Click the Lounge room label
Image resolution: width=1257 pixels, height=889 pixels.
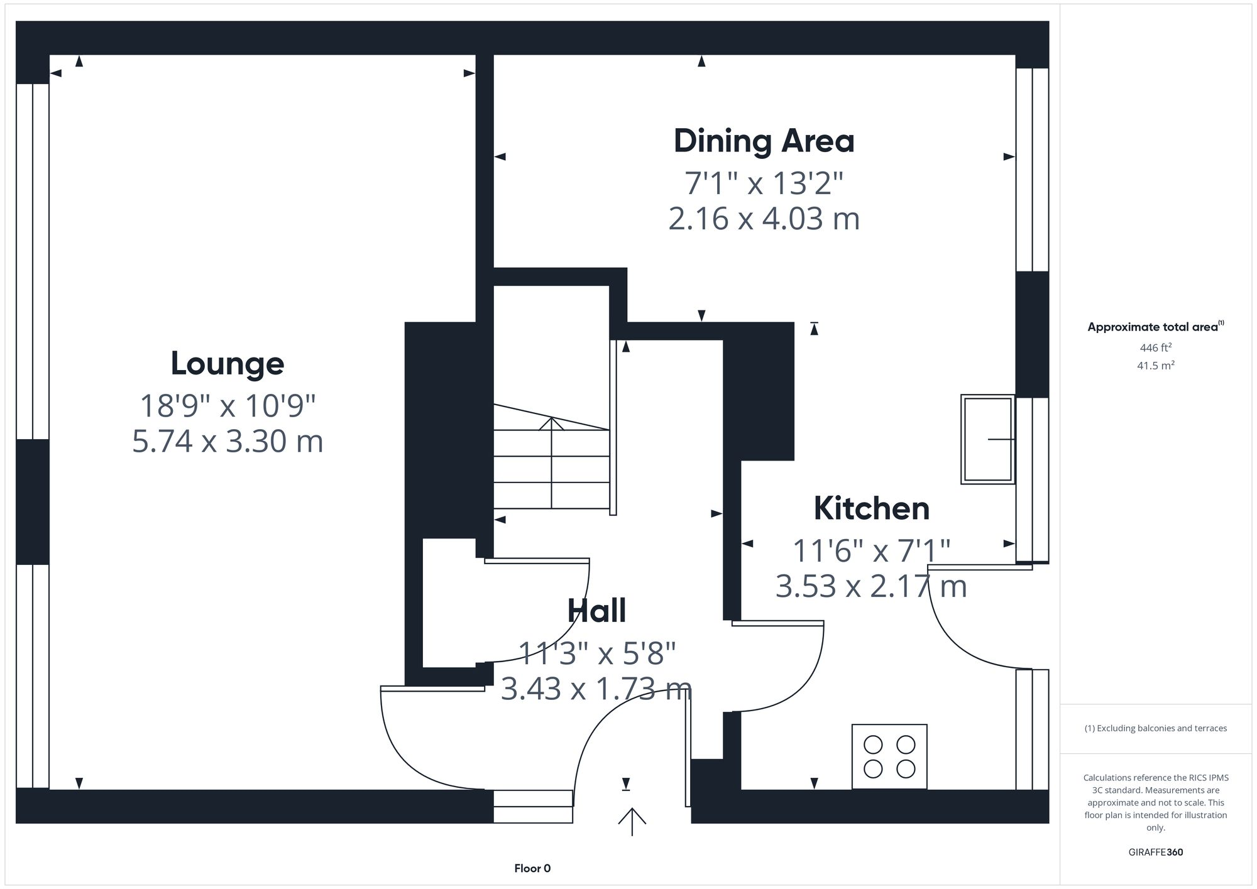(x=228, y=364)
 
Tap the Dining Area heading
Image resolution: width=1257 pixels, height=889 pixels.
(x=764, y=141)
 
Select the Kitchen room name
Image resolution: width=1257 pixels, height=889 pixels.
(x=871, y=508)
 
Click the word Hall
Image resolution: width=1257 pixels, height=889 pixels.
(x=596, y=611)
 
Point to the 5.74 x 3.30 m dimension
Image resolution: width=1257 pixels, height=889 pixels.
(x=228, y=441)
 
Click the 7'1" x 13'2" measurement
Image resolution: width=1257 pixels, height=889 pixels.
(x=764, y=183)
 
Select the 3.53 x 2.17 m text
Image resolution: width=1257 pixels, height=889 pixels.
(x=871, y=586)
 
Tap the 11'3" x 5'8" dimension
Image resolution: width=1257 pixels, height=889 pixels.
(x=596, y=653)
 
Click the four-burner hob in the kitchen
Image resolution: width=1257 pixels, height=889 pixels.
(x=889, y=756)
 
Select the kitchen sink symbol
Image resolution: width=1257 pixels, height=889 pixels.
(x=987, y=439)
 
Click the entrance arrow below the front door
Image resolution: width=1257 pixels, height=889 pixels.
(x=632, y=821)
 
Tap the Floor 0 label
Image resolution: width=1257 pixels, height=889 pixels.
(x=532, y=868)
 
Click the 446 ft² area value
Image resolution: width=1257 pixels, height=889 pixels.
(x=1155, y=347)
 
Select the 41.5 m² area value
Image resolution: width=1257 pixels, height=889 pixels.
(x=1155, y=365)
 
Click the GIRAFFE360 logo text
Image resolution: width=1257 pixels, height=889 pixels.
(x=1155, y=853)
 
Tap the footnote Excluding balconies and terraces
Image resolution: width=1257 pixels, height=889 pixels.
(x=1155, y=728)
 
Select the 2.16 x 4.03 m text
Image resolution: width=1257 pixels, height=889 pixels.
(x=764, y=219)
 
